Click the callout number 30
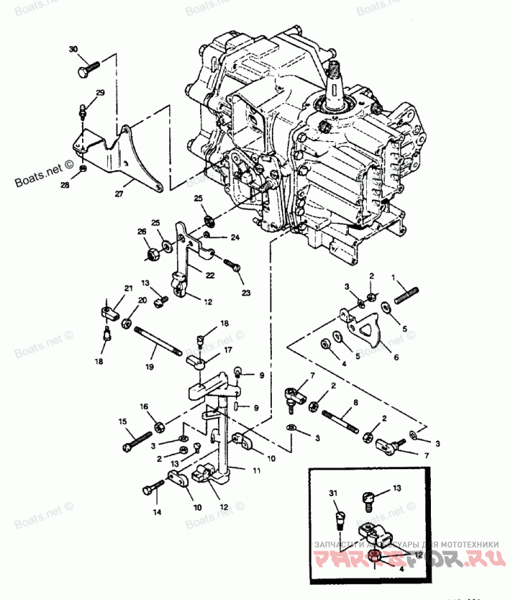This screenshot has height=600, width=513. [x=72, y=49]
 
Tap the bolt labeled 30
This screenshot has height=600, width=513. [x=88, y=67]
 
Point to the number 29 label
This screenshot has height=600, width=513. [x=99, y=94]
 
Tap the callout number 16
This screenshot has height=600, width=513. [x=144, y=406]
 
